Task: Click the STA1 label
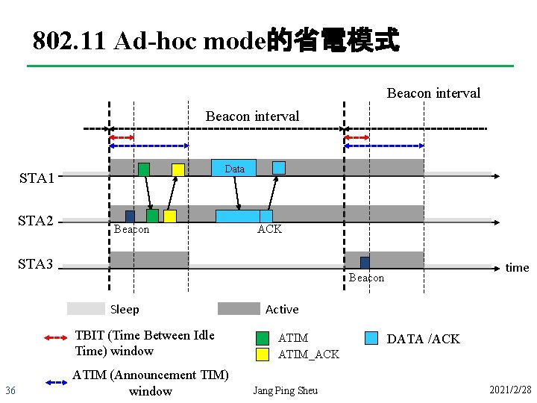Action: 37,178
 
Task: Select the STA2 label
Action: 37,221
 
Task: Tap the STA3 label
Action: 37,263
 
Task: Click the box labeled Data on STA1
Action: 234,168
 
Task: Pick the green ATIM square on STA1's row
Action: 144,169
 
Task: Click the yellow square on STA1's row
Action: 178,169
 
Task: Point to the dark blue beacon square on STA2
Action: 130,216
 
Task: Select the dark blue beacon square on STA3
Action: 365,263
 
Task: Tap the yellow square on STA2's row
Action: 170,216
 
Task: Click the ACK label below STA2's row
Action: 269,229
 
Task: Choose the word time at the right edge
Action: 517,267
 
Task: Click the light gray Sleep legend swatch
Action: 86,309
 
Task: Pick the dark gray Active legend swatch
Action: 239,309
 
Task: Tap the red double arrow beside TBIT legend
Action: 57,338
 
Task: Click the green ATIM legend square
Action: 262,338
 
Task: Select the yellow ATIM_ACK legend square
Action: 262,354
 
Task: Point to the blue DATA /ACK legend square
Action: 371,338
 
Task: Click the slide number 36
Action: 10,391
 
